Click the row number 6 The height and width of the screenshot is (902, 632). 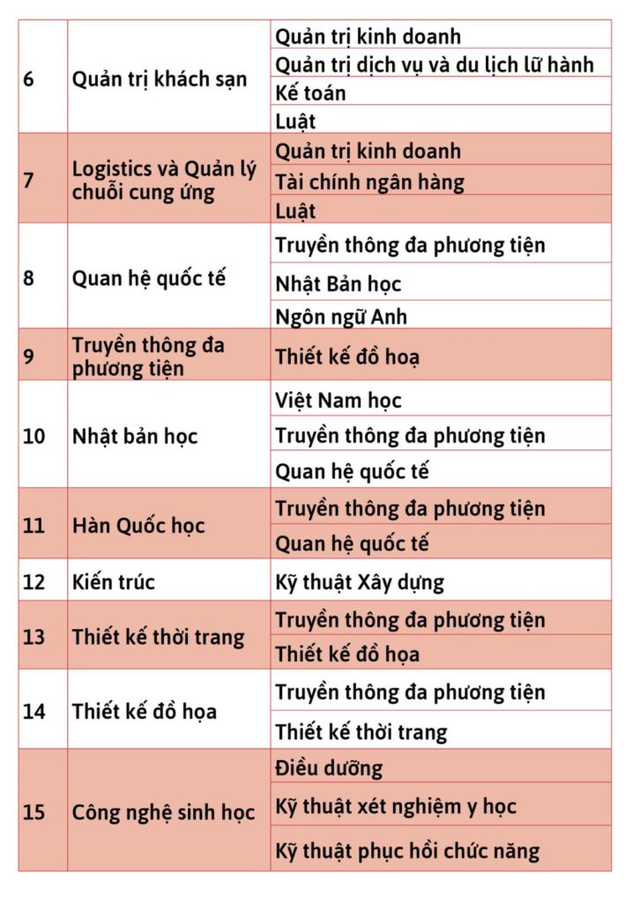pyautogui.click(x=29, y=78)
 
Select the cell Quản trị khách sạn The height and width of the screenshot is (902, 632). pyautogui.click(x=159, y=78)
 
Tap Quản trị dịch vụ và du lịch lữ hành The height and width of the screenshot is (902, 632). pyautogui.click(x=435, y=64)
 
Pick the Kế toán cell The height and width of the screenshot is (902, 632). pyautogui.click(x=311, y=92)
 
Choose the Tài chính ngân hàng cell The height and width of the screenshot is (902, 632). pyautogui.click(x=370, y=181)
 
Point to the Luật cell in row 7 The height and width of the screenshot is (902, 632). pyautogui.click(x=295, y=211)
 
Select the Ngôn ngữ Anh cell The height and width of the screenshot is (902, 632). pyautogui.click(x=341, y=316)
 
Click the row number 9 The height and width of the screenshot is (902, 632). pyautogui.click(x=29, y=356)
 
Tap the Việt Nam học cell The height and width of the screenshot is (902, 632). pyautogui.click(x=338, y=401)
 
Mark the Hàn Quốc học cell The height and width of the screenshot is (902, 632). pyautogui.click(x=138, y=526)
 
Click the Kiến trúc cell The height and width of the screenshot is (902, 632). pyautogui.click(x=114, y=581)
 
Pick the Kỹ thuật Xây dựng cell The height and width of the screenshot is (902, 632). pyautogui.click(x=360, y=581)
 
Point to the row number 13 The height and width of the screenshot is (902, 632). pyautogui.click(x=33, y=636)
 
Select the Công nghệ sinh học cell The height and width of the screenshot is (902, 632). pyautogui.click(x=163, y=812)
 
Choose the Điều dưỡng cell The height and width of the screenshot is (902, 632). pyautogui.click(x=329, y=768)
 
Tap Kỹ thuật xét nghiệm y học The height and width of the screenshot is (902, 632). pyautogui.click(x=396, y=806)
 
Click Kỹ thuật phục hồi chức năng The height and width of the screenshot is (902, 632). pyautogui.click(x=407, y=851)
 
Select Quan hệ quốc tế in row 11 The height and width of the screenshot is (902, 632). pyautogui.click(x=353, y=543)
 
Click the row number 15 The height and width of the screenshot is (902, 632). pyautogui.click(x=33, y=812)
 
